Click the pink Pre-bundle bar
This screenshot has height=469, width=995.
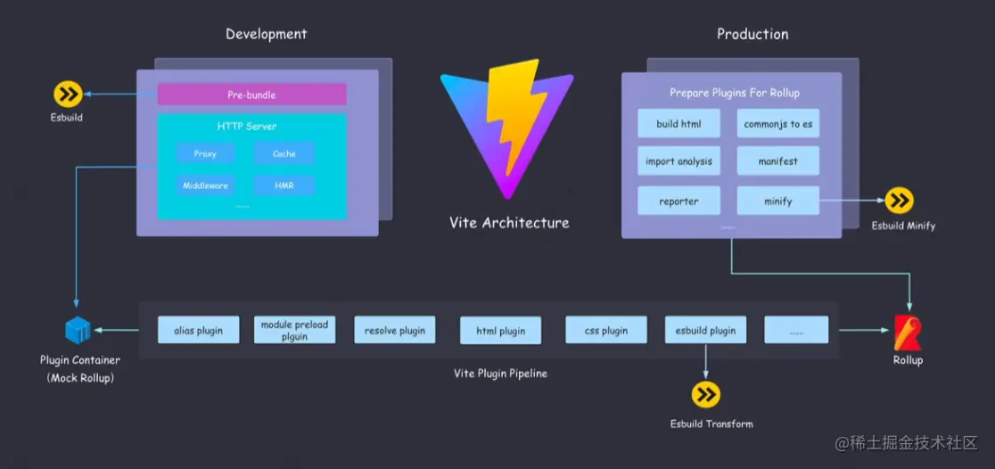(251, 95)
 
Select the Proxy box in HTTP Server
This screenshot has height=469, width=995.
(205, 153)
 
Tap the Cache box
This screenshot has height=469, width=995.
(284, 153)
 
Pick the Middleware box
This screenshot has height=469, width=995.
(205, 185)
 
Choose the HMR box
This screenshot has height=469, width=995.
(284, 185)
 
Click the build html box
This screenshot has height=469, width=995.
(679, 124)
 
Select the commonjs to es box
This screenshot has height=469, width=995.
(777, 124)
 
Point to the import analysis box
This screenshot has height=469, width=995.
(679, 161)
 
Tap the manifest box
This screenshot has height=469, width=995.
(777, 161)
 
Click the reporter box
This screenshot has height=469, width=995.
(679, 201)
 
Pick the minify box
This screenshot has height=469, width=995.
(777, 201)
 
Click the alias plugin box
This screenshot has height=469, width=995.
(198, 331)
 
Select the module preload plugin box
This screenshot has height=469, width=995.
(294, 331)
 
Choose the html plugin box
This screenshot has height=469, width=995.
(500, 331)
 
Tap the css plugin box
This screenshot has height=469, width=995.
(606, 331)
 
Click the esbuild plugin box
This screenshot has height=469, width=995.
(705, 331)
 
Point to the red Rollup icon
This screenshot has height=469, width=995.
(908, 332)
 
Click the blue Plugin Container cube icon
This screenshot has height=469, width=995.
(78, 331)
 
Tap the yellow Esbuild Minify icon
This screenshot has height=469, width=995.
(900, 201)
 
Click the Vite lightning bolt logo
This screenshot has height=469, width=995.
(504, 129)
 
